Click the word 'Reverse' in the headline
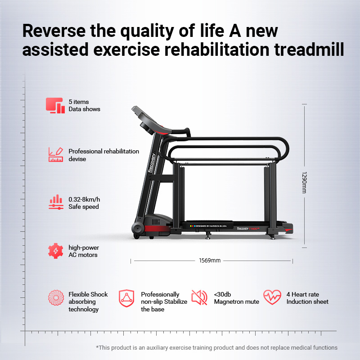coord(54,31)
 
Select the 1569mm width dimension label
coord(210,261)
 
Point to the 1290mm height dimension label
coord(304,182)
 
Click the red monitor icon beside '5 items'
coord(55,105)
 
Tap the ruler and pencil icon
coord(56,154)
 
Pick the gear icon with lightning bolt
coord(55,251)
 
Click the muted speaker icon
coord(199,297)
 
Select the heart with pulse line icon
coord(272,297)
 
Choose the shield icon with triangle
coord(126,298)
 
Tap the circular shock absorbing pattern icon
coord(56,297)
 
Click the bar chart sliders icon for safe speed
coord(56,202)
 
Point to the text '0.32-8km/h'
coord(84,199)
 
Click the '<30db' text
coord(222,294)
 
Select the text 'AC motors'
coord(83,255)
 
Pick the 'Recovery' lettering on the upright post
coord(152,163)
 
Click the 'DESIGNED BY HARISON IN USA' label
coord(208,226)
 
